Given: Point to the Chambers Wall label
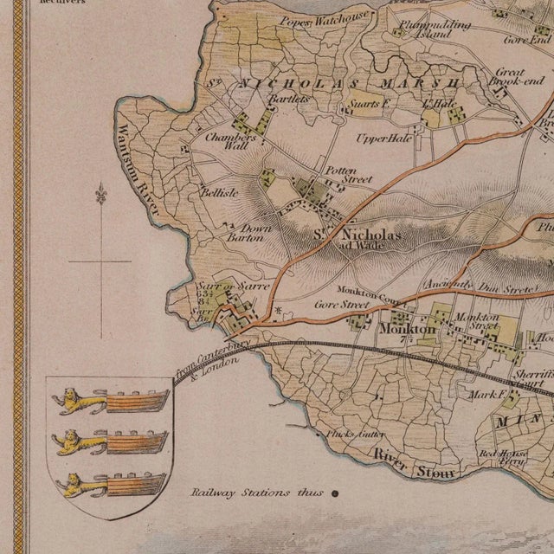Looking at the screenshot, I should pos(230,141).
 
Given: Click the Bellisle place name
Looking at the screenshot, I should pos(219,193).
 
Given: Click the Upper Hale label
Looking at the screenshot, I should pos(383,138).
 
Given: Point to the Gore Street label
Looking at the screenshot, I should pos(341,305).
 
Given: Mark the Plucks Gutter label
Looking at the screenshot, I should pos(354,435).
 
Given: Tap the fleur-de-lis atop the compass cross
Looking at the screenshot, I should pos(100,192).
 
